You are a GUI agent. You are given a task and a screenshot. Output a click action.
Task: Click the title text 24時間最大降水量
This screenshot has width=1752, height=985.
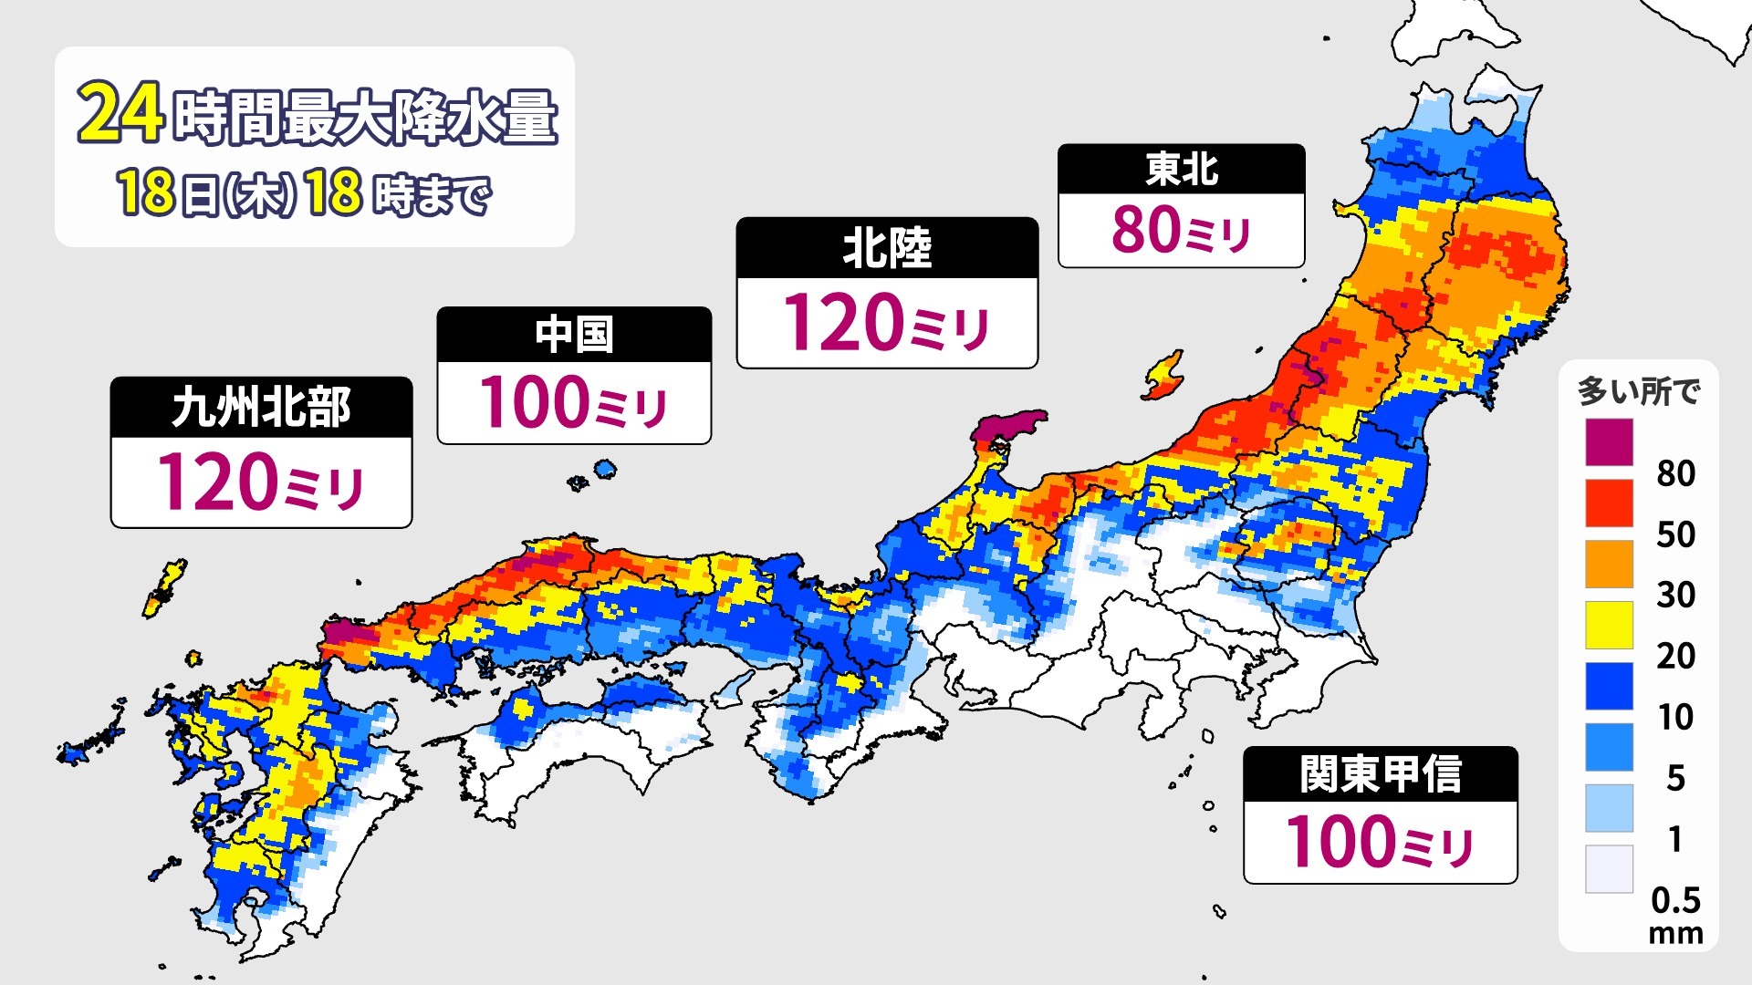[x=317, y=116]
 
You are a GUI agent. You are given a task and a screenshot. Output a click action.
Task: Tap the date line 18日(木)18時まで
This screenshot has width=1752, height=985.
[x=304, y=194]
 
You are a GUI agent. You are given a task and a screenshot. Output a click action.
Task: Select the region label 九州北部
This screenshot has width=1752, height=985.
[x=261, y=407]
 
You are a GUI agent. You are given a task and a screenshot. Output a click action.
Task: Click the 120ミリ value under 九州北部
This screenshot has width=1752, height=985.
[x=261, y=482]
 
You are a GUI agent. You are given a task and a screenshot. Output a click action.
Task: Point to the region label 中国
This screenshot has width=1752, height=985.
[x=574, y=335]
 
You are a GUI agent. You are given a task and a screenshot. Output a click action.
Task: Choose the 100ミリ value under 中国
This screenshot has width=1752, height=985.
[x=574, y=402]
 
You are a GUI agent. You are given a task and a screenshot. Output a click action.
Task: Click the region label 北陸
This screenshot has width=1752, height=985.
[x=887, y=248]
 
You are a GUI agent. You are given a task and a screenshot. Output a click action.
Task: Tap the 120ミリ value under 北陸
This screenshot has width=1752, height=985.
[x=887, y=323]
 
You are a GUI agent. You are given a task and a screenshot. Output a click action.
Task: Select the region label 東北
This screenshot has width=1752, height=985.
[x=1182, y=169]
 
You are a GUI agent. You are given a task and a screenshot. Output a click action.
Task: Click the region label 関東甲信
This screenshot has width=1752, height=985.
[x=1381, y=774]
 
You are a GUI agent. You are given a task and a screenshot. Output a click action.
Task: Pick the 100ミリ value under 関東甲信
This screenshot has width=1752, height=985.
[x=1381, y=842]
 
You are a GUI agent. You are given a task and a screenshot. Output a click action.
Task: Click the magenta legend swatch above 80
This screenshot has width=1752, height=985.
[x=1609, y=442]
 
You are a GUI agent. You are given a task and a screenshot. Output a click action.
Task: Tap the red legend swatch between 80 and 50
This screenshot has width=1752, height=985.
[x=1609, y=503]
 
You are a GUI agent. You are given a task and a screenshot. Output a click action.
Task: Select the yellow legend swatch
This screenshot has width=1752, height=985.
[x=1609, y=625]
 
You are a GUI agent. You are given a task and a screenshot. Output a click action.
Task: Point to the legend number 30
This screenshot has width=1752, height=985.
[x=1676, y=595]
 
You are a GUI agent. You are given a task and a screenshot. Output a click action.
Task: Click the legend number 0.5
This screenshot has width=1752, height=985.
[x=1676, y=900]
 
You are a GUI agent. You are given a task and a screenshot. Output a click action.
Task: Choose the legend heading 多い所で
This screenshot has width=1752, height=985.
[x=1639, y=391]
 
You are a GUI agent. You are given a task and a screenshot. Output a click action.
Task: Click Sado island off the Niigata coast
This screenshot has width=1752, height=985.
[x=1163, y=376]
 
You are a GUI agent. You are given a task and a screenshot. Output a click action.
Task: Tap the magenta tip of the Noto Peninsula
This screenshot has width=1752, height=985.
[x=1009, y=427]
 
